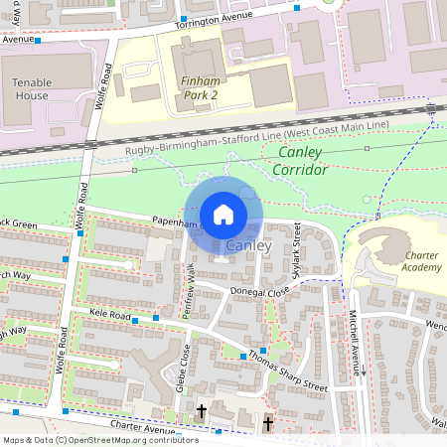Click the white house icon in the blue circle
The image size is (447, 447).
[x=223, y=214]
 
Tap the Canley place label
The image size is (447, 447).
[x=248, y=245]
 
